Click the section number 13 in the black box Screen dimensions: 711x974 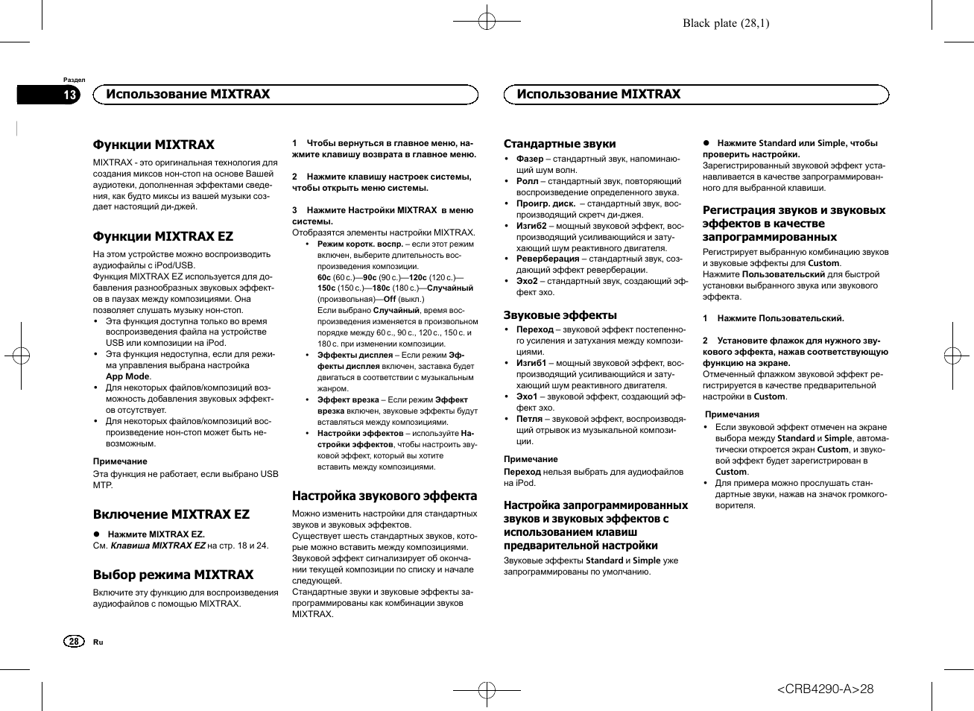point(69,95)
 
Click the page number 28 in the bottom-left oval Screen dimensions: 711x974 point(73,642)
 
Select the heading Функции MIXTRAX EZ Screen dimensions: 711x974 point(162,236)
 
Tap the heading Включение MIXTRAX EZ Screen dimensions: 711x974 point(171,514)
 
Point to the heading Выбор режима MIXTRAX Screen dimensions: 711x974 point(173,575)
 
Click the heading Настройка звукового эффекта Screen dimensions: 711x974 point(385,496)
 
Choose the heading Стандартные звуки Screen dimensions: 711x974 point(560,144)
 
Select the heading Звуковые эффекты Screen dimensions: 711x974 point(560,315)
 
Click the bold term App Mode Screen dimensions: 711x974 point(127,376)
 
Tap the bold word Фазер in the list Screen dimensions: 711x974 point(530,159)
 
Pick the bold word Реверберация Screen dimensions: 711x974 point(548,259)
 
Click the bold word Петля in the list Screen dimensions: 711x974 point(529,419)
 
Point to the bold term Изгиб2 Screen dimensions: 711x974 point(531,225)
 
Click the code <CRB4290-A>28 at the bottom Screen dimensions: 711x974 point(825,689)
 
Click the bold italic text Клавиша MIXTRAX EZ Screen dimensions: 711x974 point(158,546)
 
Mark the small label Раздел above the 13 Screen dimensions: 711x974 point(74,80)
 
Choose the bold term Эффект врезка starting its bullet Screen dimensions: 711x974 point(348,399)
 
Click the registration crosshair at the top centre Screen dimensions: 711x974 point(487,22)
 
